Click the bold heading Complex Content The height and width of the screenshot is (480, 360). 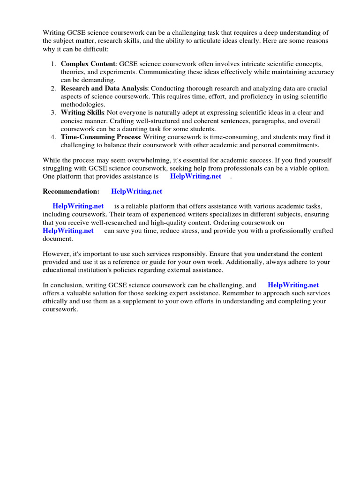(x=88, y=64)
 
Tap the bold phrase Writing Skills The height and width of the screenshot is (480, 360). (x=82, y=112)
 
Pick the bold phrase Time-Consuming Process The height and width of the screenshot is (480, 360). (x=100, y=137)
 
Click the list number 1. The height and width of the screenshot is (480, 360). (x=54, y=64)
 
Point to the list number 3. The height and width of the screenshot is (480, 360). (x=54, y=112)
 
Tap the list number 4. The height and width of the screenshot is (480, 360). (x=54, y=137)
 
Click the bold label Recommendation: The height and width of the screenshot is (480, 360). (x=71, y=191)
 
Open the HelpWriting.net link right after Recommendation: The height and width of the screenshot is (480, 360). (x=136, y=191)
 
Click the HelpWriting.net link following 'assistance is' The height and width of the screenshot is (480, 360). (x=195, y=176)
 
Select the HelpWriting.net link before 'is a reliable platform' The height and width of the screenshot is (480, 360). (x=78, y=206)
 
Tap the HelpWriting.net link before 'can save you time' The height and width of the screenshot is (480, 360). (x=68, y=231)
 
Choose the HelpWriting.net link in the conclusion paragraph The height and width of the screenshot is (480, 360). (x=293, y=285)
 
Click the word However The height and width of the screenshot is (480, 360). (x=56, y=254)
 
